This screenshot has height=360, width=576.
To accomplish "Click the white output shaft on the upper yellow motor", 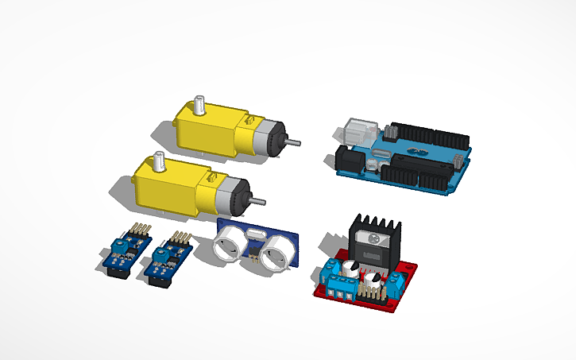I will (199, 106).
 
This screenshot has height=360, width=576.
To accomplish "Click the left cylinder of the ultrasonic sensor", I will (231, 242).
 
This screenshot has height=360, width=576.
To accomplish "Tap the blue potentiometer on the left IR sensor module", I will (120, 245).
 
